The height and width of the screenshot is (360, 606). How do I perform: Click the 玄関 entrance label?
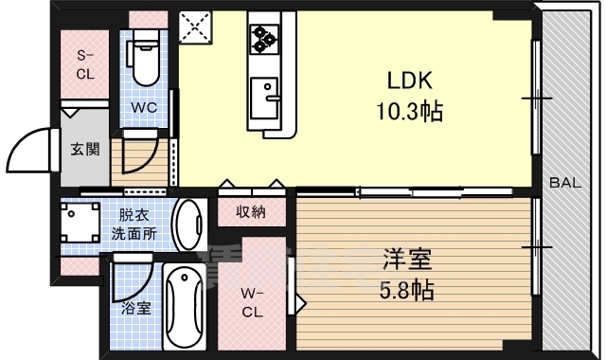[x=81, y=149]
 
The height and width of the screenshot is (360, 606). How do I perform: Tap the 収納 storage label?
[x=251, y=211]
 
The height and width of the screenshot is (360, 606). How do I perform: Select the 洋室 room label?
[x=407, y=256]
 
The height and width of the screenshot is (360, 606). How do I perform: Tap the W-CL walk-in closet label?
[x=251, y=301]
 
